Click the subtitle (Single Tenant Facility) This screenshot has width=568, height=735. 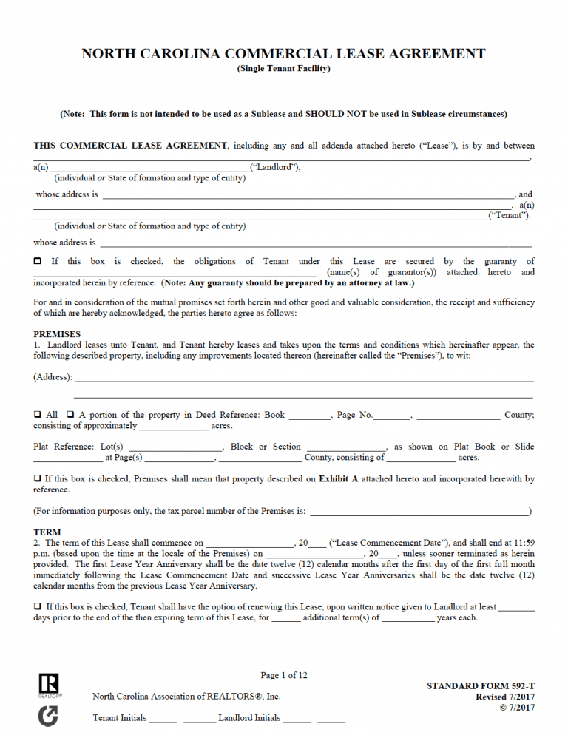pyautogui.click(x=283, y=69)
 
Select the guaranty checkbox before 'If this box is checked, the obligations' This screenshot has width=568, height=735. pyautogui.click(x=38, y=262)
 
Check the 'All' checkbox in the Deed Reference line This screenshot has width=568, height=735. pyautogui.click(x=37, y=416)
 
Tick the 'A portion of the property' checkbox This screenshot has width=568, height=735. pyautogui.click(x=71, y=416)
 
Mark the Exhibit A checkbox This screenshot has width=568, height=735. pyautogui.click(x=37, y=479)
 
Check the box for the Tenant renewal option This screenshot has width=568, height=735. pyautogui.click(x=37, y=606)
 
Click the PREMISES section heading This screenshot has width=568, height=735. pyautogui.click(x=57, y=334)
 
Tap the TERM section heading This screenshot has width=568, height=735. pyautogui.click(x=47, y=532)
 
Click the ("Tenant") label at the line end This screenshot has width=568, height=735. pyautogui.click(x=510, y=215)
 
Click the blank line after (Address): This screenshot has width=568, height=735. pyautogui.click(x=304, y=380)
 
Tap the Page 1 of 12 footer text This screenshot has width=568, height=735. pyautogui.click(x=284, y=675)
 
